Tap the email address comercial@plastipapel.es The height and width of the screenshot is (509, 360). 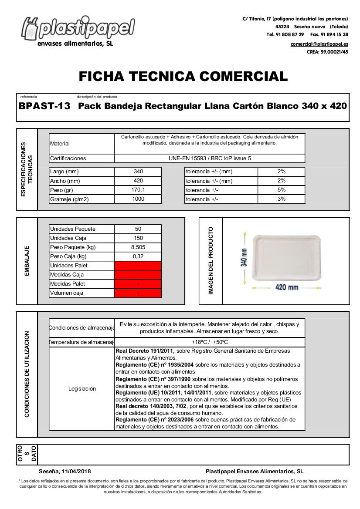[x=319, y=44]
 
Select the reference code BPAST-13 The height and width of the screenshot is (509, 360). [x=44, y=106]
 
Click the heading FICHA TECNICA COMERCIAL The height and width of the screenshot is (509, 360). [x=183, y=76]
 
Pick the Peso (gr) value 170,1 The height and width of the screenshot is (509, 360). [x=138, y=190]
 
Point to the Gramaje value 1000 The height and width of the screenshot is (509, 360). [x=138, y=199]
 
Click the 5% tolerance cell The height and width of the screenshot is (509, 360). [x=281, y=190]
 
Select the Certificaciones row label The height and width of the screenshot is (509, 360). [x=68, y=158]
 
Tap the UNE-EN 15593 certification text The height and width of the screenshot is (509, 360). [x=210, y=158]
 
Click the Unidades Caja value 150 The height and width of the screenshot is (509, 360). [x=138, y=238]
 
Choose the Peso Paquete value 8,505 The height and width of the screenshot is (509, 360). [x=138, y=247]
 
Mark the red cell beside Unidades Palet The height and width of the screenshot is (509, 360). [x=138, y=266]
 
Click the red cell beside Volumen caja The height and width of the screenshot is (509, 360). [x=138, y=293]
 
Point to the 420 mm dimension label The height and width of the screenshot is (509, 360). [x=286, y=287]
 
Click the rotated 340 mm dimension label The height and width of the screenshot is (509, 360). [x=245, y=257]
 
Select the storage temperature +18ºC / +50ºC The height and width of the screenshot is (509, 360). [x=210, y=342]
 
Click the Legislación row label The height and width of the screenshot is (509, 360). [x=82, y=389]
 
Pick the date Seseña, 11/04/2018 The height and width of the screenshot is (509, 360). [x=65, y=472]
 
